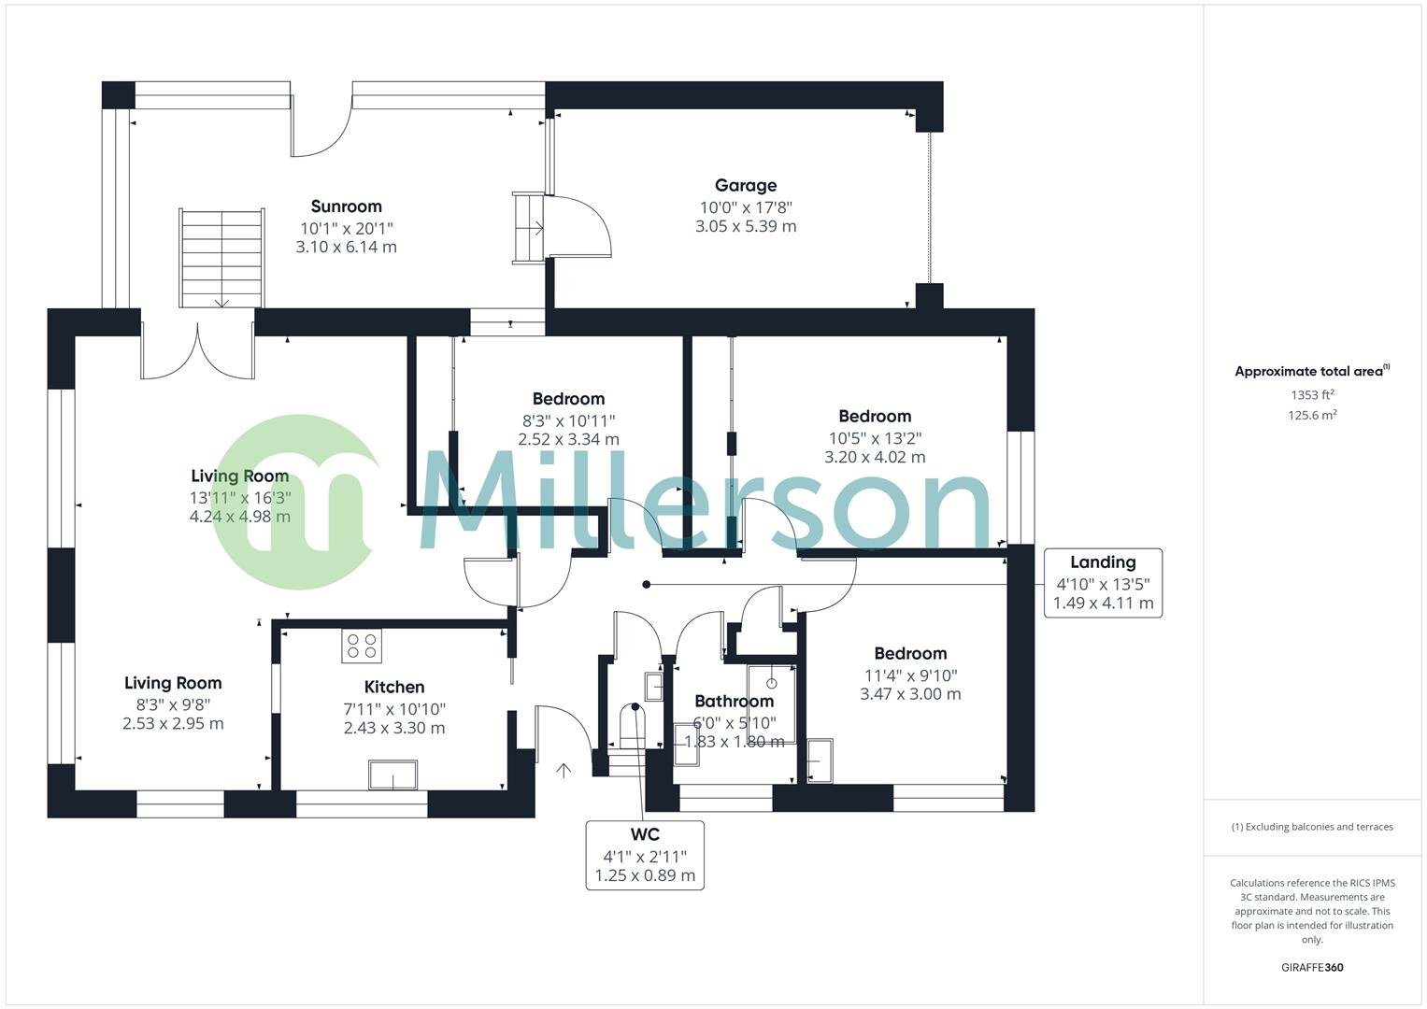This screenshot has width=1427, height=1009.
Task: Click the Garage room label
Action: pos(745,185)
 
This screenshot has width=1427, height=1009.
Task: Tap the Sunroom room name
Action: pos(346,206)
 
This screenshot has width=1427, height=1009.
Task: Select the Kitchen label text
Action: pos(394,687)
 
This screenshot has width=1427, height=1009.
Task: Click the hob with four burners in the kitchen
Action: pos(362,645)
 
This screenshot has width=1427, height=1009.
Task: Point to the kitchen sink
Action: pos(393,775)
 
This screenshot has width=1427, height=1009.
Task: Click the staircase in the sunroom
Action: pos(221,258)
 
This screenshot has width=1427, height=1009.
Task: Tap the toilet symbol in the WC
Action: pos(633,724)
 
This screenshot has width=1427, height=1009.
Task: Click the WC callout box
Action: pos(645,855)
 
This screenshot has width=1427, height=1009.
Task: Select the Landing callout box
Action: pos(1103,583)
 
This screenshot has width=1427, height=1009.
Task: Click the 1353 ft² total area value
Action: pos(1312,395)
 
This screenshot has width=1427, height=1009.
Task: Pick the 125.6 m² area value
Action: pos(1312,416)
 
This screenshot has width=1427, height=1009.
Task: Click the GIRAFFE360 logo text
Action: pos(1312,968)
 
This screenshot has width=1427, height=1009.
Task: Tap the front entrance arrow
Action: pos(564,771)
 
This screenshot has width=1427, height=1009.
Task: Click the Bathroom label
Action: pos(734,701)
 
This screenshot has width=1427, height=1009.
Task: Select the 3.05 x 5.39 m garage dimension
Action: pos(745,226)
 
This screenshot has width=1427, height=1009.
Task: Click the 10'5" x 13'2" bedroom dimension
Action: pos(874,437)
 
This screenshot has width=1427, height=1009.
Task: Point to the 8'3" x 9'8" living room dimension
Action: pos(173,705)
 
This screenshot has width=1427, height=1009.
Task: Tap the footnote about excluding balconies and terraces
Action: pos(1312,827)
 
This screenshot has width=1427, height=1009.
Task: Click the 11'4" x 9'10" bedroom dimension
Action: pos(910,675)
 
